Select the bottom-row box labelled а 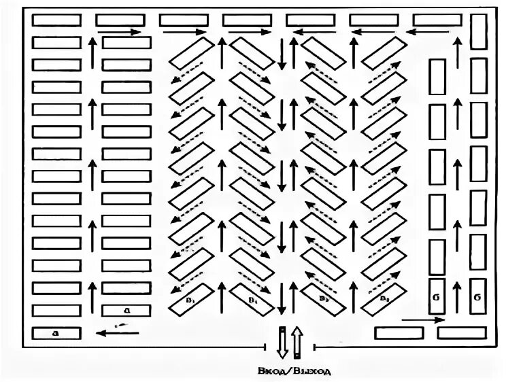point(56,334)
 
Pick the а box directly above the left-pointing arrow point(126,311)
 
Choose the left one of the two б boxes point(436,297)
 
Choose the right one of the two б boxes point(479,297)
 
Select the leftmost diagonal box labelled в point(188,300)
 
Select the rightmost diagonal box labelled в point(384,300)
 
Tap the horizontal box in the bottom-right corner point(461,334)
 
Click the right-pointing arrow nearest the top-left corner point(120,31)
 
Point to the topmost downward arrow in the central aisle point(282,55)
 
